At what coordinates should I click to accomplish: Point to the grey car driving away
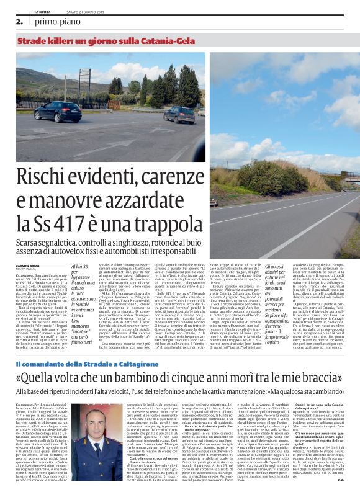tap(179, 114)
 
